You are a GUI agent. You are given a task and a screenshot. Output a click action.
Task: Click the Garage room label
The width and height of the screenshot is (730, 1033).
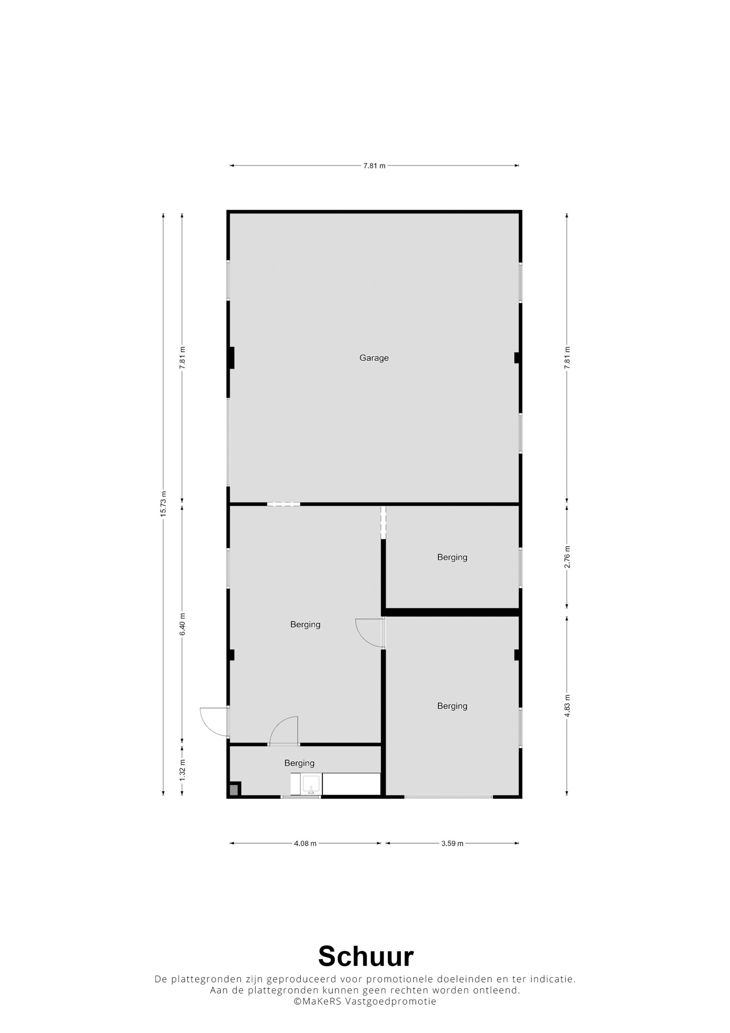[x=374, y=358]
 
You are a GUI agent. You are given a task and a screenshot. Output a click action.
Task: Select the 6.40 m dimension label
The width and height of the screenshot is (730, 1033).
[x=182, y=625]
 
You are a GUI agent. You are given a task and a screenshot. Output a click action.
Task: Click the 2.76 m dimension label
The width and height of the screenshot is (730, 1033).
[x=567, y=557]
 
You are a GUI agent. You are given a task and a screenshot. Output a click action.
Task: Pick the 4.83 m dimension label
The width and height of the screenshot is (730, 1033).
[x=567, y=706]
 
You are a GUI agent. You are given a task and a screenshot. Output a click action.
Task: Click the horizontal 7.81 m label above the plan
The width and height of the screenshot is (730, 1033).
[x=374, y=166]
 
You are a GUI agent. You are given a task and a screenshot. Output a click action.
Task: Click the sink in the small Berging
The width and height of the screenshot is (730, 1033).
[x=311, y=784]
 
